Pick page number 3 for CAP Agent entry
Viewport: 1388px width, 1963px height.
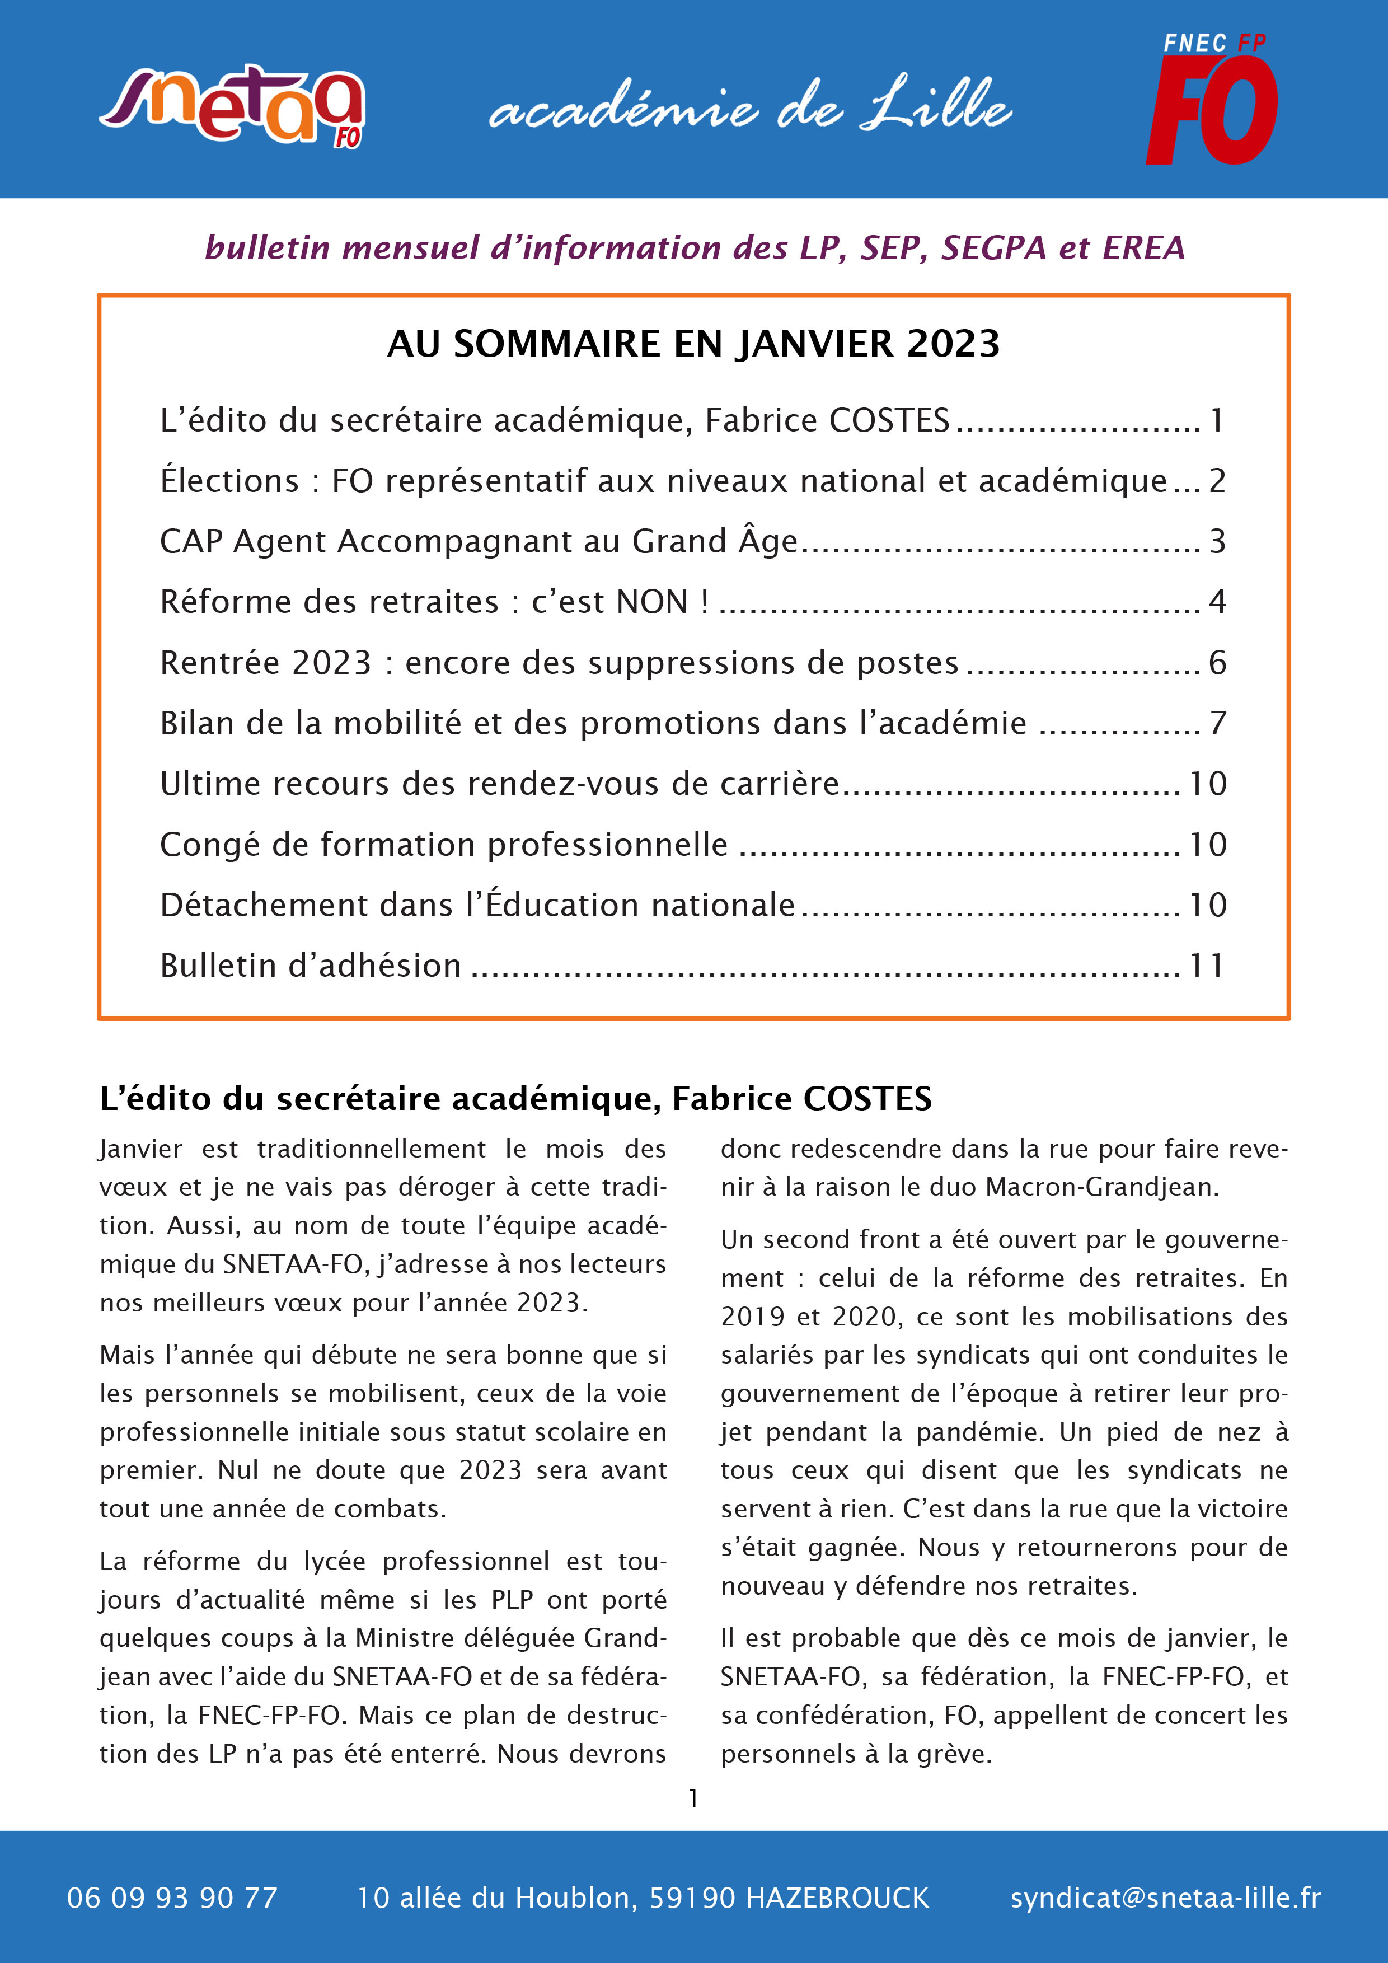(1217, 541)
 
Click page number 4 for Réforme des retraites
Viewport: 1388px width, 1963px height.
(1217, 602)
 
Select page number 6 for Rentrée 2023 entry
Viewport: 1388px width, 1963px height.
(1217, 663)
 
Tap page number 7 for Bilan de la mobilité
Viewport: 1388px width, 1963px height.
(1217, 723)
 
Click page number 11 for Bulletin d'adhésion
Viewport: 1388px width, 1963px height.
(1207, 965)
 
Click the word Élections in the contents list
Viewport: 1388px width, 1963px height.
(229, 480)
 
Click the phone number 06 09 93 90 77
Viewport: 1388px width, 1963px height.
(172, 1898)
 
